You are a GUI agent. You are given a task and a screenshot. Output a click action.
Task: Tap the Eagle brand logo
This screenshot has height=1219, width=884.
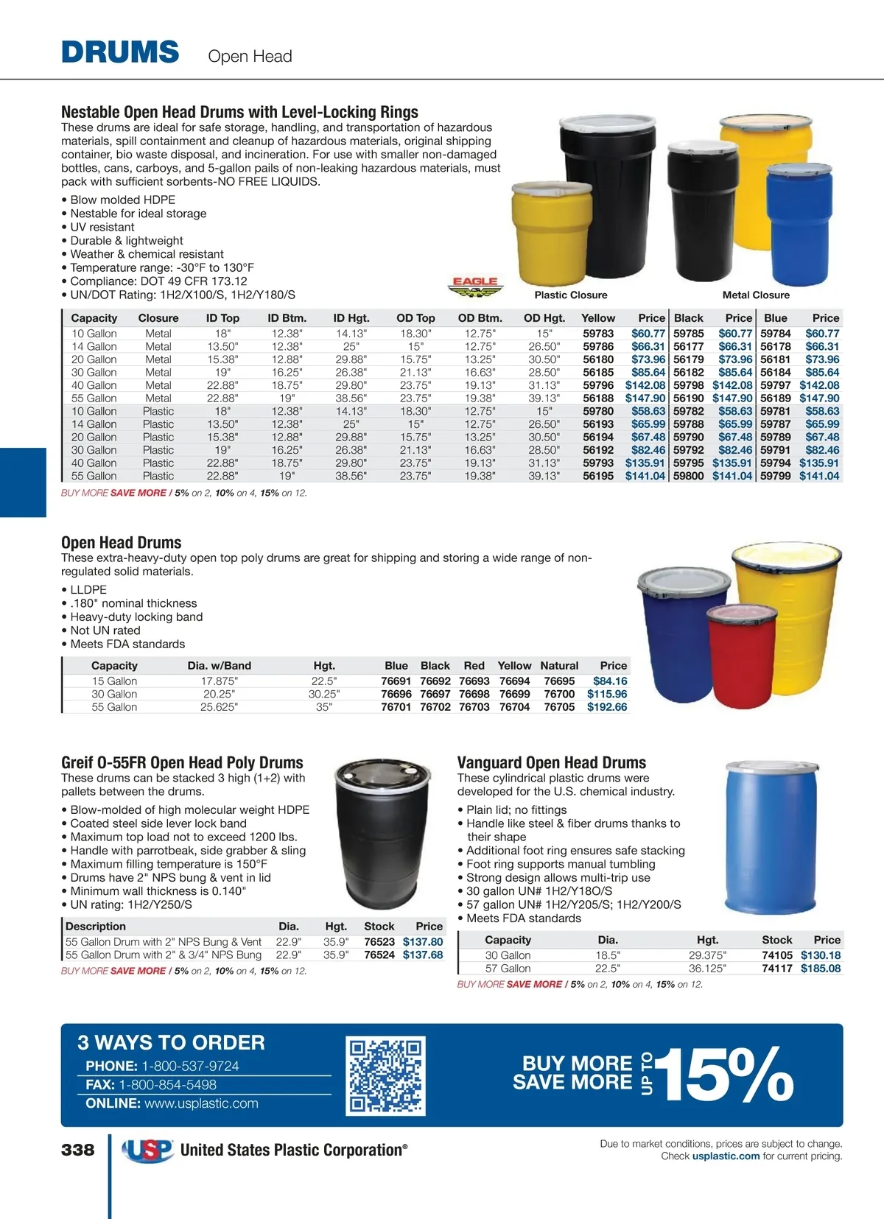pos(475,287)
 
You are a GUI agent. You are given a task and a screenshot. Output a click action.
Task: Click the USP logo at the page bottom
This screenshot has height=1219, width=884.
pos(147,1150)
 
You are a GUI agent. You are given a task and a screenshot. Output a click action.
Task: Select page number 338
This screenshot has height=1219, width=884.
pos(78,1150)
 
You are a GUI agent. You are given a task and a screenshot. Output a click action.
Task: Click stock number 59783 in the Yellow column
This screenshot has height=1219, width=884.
pos(598,334)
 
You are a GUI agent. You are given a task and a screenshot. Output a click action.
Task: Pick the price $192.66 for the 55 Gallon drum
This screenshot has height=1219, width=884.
pos(607,707)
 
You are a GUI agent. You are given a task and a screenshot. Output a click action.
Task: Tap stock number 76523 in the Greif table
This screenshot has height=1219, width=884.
pos(379,941)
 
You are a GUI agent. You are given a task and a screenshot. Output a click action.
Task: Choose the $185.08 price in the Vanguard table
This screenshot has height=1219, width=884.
pos(821,969)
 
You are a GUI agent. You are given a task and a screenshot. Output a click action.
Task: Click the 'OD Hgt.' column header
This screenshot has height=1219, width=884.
pos(544,318)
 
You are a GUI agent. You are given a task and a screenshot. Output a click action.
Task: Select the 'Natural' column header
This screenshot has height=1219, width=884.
pos(559,666)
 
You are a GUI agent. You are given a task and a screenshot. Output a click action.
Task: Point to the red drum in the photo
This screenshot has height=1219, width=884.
pos(741,653)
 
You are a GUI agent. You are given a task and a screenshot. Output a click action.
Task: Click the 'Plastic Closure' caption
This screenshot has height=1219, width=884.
pos(571,295)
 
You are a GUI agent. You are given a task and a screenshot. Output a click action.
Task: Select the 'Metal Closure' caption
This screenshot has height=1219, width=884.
pos(756,295)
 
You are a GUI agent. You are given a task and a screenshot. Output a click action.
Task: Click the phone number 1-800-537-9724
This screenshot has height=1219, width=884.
pos(190,1066)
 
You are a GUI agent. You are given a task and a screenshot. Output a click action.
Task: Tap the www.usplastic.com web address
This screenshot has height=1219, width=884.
pos(201,1103)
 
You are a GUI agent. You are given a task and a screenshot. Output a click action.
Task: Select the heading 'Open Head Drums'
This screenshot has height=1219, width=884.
pos(122,543)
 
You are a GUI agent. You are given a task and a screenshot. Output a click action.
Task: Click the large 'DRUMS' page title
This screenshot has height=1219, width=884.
pos(120,53)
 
